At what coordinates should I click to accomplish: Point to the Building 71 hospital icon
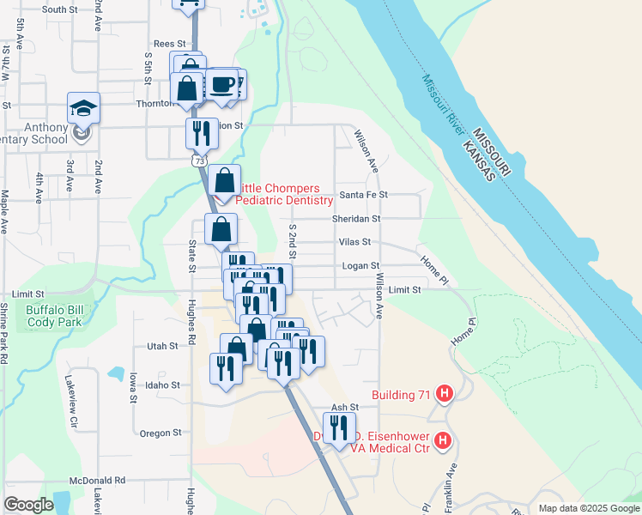[444, 395]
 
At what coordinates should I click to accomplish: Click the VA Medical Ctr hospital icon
[443, 441]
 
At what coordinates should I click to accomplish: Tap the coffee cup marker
[223, 84]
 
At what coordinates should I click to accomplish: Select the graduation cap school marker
[83, 108]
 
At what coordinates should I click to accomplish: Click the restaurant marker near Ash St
[339, 427]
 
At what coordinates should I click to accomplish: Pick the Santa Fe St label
[364, 195]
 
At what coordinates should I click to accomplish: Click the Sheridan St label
[356, 219]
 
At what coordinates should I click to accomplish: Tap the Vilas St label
[354, 243]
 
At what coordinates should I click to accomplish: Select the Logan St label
[360, 266]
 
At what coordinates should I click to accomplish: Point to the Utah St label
[161, 346]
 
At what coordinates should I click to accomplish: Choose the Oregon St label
[160, 433]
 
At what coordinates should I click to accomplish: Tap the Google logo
[28, 505]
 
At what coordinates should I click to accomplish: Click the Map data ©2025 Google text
[588, 508]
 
